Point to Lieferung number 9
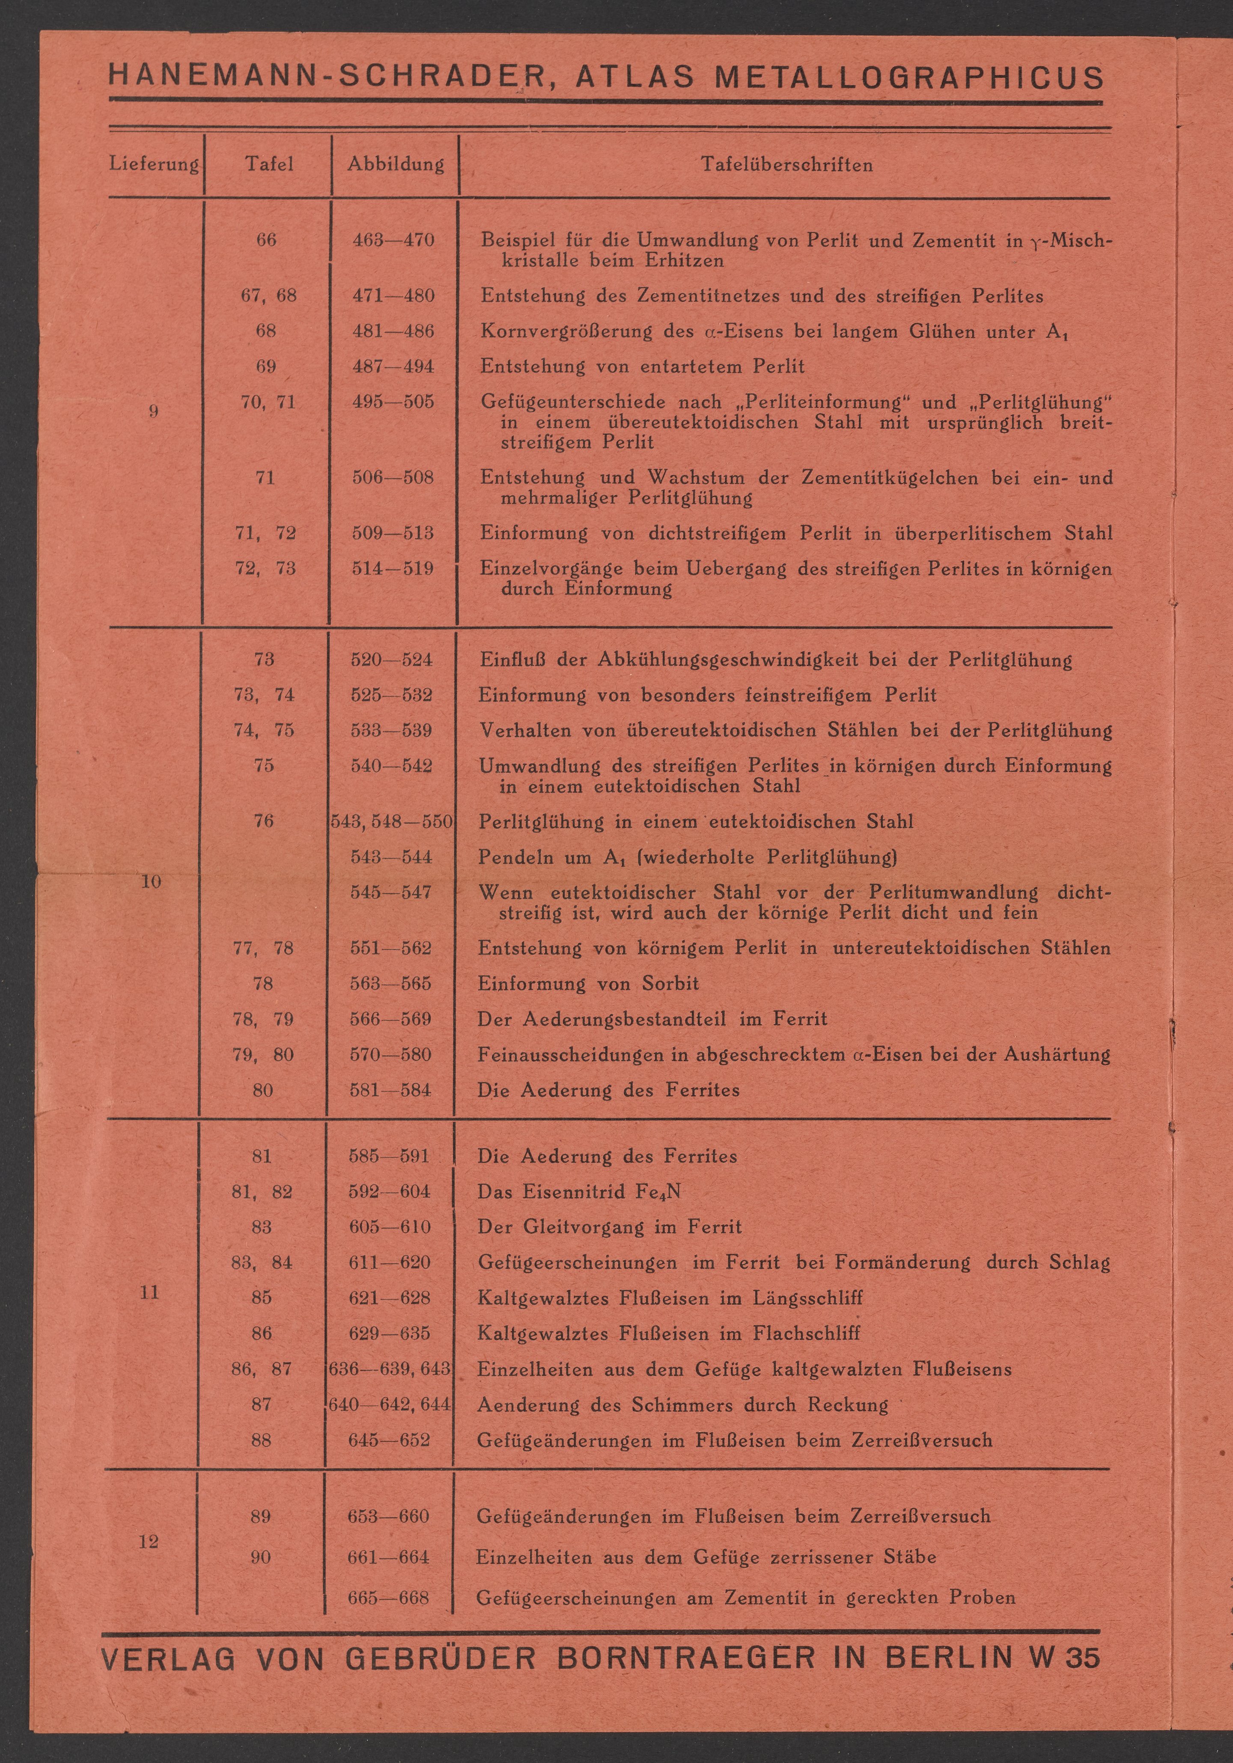point(154,411)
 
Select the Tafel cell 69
point(265,366)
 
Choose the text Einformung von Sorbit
point(588,984)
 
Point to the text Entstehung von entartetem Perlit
point(642,366)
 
